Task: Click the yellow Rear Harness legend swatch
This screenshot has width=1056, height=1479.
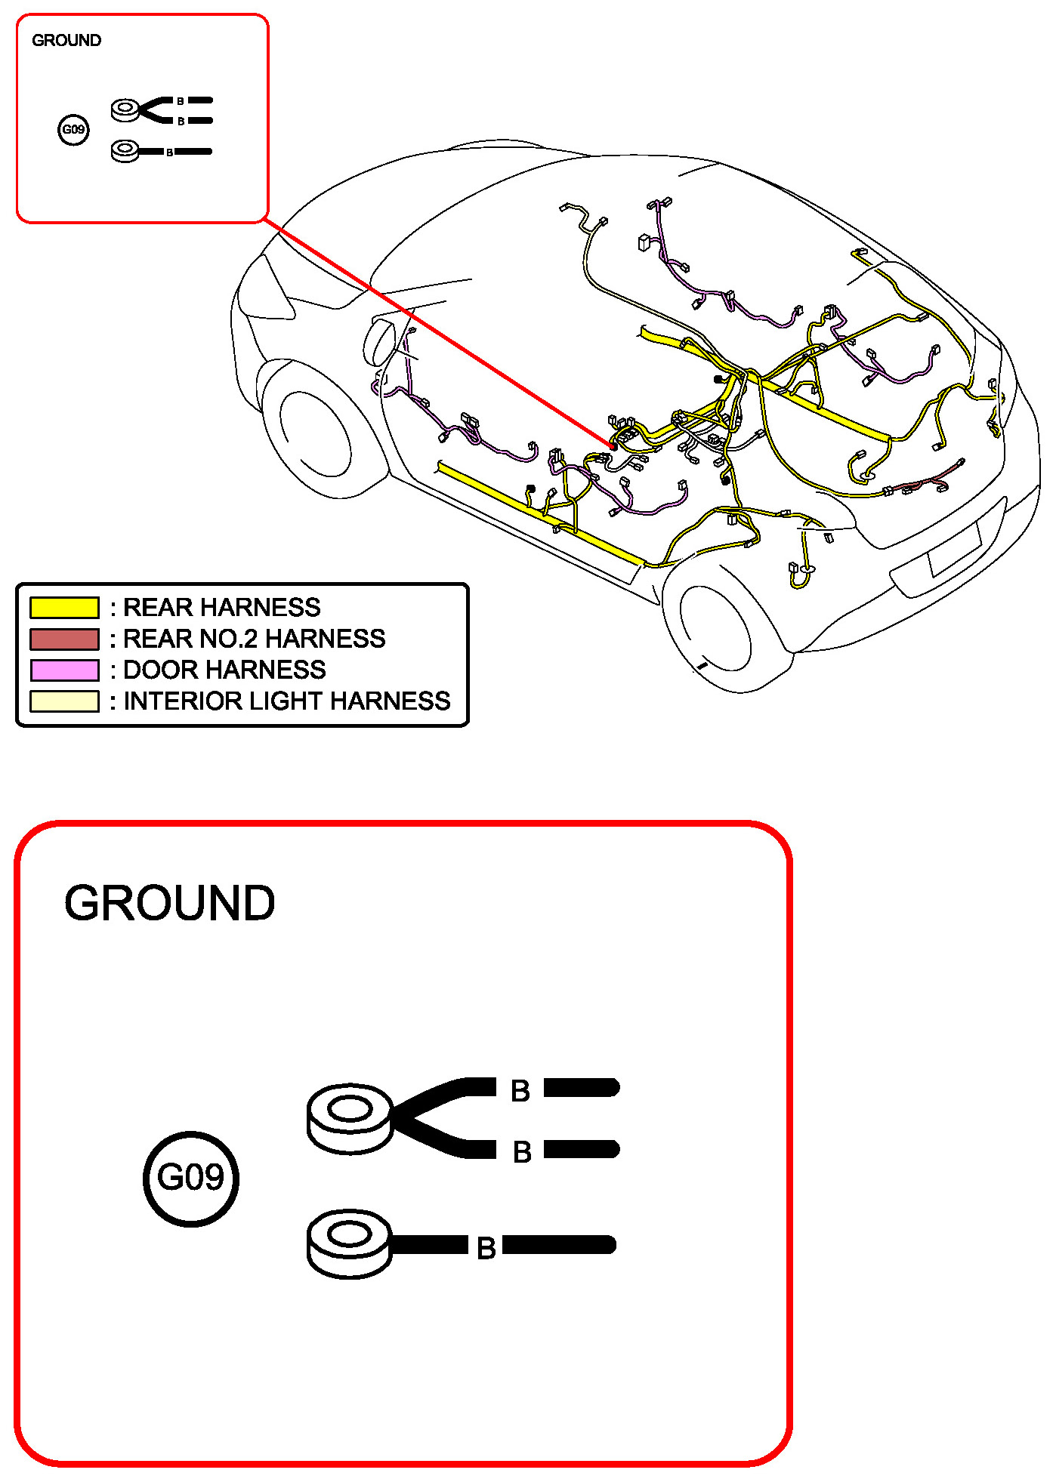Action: [x=64, y=608]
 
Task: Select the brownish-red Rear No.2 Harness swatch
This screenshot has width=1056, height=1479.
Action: [x=64, y=639]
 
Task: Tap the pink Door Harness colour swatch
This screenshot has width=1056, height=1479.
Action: [x=64, y=670]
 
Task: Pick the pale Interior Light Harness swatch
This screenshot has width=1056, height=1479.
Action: [x=64, y=701]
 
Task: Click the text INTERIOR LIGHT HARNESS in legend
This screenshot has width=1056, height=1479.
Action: [x=286, y=701]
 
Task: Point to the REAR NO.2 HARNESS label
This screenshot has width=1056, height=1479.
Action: [x=254, y=639]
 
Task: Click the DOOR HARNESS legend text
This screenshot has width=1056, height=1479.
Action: [x=224, y=670]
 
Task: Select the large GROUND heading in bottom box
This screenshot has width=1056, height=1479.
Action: [x=169, y=903]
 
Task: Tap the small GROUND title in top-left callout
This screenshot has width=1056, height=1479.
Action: [x=66, y=41]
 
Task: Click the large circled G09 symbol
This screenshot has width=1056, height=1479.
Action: [x=191, y=1179]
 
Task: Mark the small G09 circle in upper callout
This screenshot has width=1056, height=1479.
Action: [x=73, y=130]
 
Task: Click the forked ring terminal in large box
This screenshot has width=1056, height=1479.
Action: [x=350, y=1118]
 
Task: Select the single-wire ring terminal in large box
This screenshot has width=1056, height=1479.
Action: [x=349, y=1243]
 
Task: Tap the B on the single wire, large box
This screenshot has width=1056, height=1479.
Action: [x=486, y=1248]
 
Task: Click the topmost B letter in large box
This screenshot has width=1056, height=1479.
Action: [x=520, y=1091]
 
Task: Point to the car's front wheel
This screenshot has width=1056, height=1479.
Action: [x=315, y=434]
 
